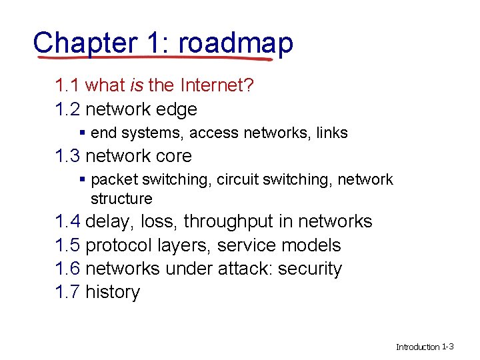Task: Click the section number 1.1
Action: click(67, 85)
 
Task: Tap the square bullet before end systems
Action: click(82, 133)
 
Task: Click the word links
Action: click(332, 133)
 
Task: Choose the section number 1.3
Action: click(67, 156)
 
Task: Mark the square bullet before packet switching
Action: click(82, 179)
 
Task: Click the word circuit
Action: click(239, 179)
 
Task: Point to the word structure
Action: click(121, 199)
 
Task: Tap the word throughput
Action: click(233, 221)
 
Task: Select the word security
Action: click(310, 269)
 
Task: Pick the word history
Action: click(113, 292)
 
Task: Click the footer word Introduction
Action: click(417, 347)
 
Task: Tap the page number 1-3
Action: click(448, 347)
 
